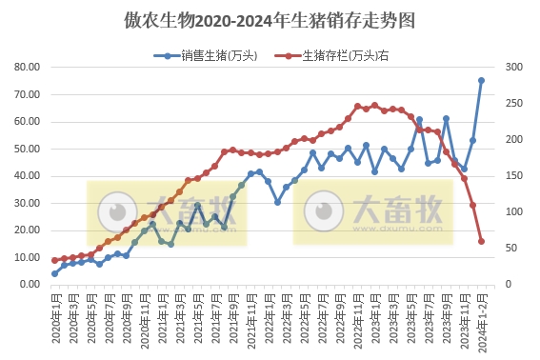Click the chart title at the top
tap(270, 20)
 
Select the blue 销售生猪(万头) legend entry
tap(206, 55)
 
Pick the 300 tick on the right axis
tap(513, 68)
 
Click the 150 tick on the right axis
tap(513, 176)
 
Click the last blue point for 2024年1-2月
tap(481, 81)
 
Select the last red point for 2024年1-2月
tap(481, 241)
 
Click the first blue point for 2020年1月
tap(54, 273)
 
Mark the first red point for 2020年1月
tap(54, 260)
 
